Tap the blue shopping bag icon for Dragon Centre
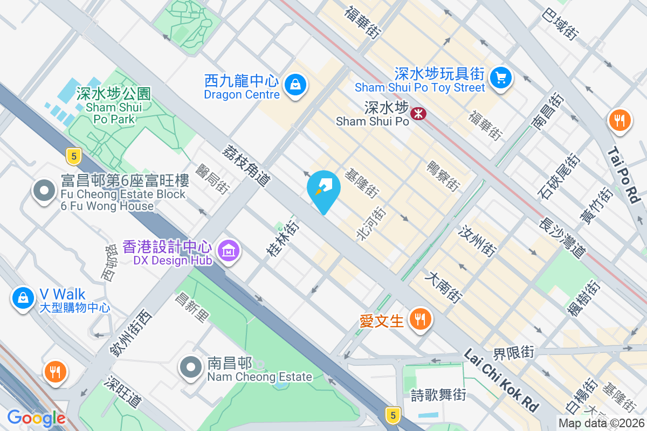pos(295,85)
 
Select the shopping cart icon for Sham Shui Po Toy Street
pos(501,78)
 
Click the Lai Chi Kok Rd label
pos(501,379)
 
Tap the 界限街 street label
pos(513,353)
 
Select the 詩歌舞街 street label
pos(438,395)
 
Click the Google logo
pos(36,418)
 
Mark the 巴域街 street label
pos(561,24)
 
